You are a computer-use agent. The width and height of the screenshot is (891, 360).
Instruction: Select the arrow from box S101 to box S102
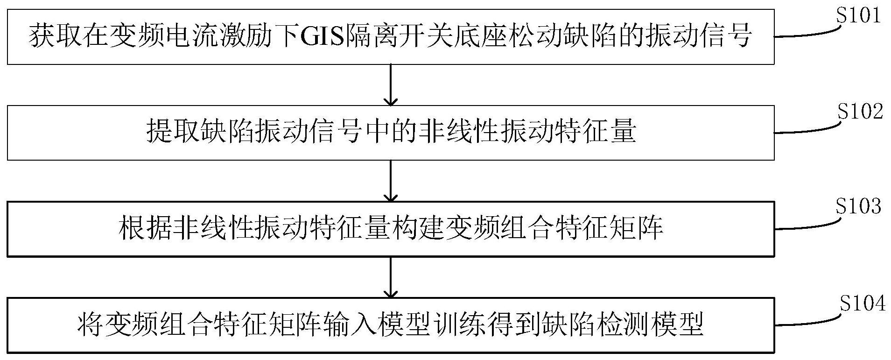390,85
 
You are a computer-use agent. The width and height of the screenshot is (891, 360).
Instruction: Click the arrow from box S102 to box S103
390,180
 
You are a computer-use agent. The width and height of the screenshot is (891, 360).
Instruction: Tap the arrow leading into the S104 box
390,276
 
